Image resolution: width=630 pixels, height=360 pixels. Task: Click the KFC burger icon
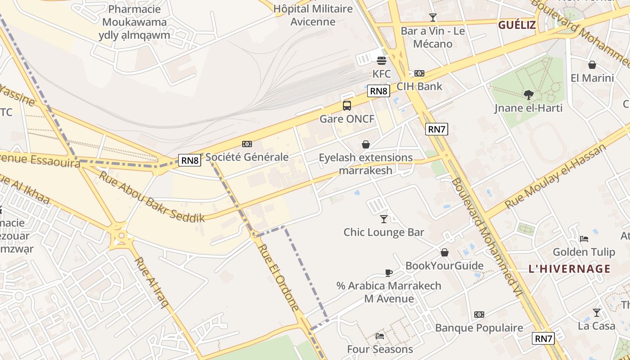pos(382,61)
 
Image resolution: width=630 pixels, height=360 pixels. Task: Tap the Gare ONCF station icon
pos(346,106)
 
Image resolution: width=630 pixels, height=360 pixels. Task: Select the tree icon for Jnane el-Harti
pos(529,95)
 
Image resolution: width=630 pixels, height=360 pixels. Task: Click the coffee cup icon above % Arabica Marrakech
pos(389,273)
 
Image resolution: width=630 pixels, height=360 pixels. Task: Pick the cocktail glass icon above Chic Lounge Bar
pos(383,219)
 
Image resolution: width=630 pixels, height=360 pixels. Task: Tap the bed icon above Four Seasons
pos(380,336)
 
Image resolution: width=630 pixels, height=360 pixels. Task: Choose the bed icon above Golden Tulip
pos(584,238)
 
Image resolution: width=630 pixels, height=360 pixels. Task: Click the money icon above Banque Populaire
pos(479,315)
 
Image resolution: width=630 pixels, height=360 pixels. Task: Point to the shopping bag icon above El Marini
pos(592,65)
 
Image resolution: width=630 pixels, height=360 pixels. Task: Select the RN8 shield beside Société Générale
pos(189,160)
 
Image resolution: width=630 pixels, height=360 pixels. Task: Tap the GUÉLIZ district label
pos(517,25)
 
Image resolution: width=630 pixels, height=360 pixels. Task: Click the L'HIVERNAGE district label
pos(569,269)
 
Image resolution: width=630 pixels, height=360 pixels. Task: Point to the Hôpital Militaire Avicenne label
pos(313,15)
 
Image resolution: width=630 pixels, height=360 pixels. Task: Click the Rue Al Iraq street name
pos(151,283)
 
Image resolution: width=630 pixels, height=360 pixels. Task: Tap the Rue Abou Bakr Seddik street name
pos(152,197)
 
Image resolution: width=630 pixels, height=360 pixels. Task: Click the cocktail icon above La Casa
pos(596,312)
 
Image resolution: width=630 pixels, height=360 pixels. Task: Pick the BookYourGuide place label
pos(444,265)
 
